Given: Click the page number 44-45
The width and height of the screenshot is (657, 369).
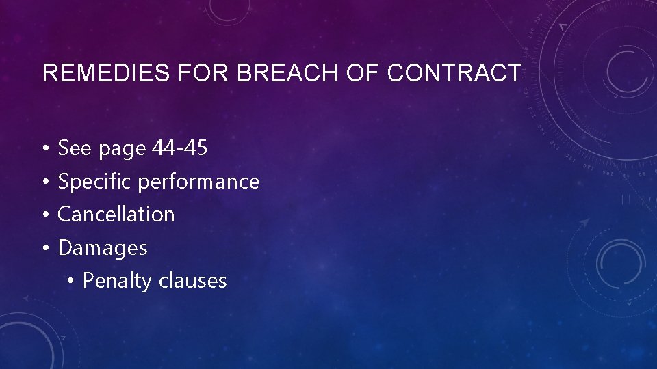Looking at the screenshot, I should tap(179, 148).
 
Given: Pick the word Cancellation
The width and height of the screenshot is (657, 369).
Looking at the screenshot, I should tap(116, 214).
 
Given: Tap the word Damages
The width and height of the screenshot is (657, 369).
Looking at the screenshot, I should tap(103, 248).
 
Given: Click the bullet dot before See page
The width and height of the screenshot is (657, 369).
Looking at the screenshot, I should tap(43, 148).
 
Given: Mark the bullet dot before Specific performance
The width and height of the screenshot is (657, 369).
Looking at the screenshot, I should tap(43, 182).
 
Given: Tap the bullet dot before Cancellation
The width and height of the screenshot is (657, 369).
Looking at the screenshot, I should tap(43, 215).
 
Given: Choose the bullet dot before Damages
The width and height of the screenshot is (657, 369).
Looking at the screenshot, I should tap(43, 248).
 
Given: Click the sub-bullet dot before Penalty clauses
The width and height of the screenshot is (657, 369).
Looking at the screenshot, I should tap(72, 281).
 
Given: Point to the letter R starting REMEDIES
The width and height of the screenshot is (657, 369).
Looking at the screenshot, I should tap(49, 72).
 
